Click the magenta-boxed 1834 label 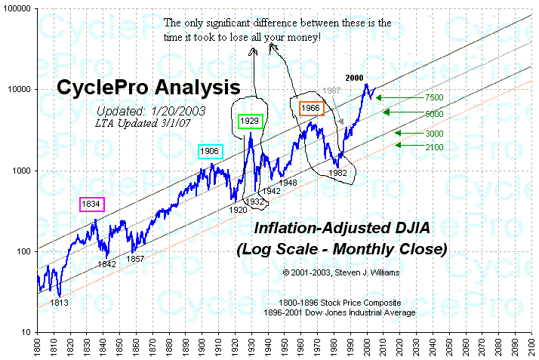(x=92, y=204)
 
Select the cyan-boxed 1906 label (x=210, y=151)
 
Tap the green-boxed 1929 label (x=249, y=121)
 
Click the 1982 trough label (x=337, y=173)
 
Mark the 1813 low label (x=60, y=302)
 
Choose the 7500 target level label (x=435, y=98)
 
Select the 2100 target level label (x=434, y=147)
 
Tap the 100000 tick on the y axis (x=17, y=8)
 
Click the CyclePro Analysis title (x=149, y=89)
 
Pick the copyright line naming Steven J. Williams (x=341, y=271)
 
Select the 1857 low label (x=135, y=259)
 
